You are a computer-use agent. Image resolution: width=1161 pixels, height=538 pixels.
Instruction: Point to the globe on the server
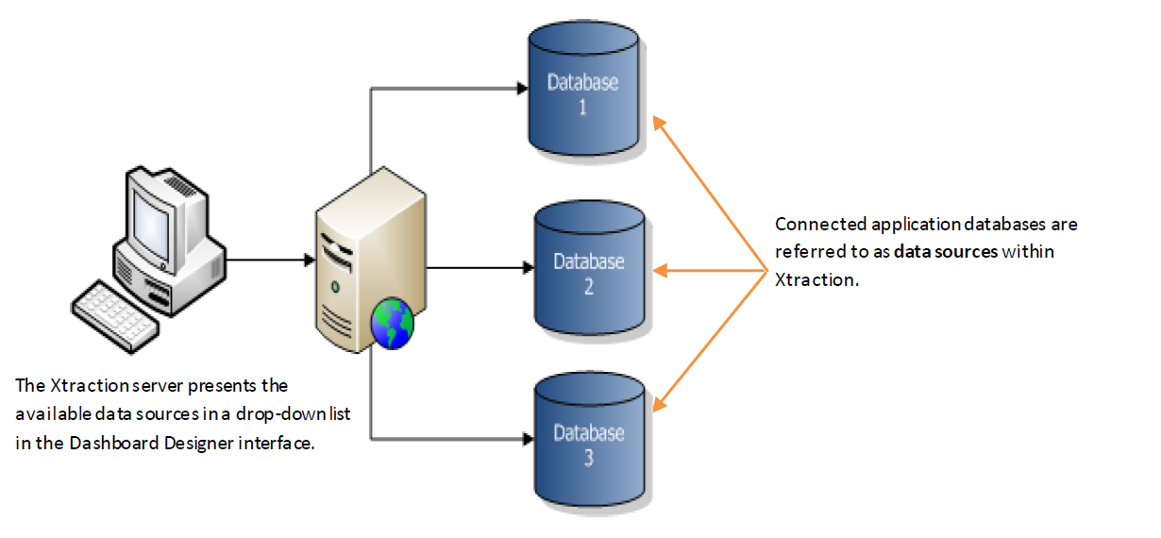coord(393,323)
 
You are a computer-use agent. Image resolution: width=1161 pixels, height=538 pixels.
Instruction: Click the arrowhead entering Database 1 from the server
coord(520,90)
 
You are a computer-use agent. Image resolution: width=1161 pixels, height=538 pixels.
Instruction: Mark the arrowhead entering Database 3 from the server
coord(520,438)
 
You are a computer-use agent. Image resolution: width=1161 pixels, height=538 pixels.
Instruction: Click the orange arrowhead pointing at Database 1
coord(658,122)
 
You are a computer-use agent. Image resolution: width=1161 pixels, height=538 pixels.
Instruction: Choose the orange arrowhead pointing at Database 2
coord(661,271)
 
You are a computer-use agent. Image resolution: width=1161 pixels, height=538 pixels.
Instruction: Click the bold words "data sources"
coord(945,253)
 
